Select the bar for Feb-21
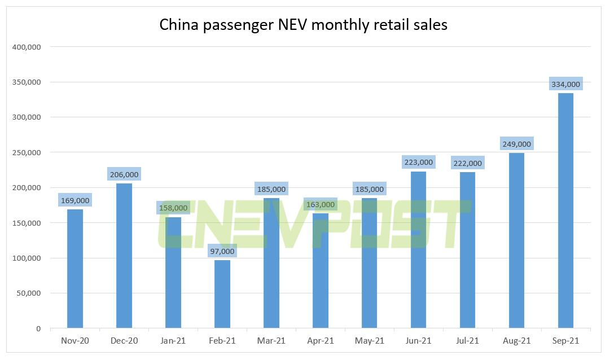(x=222, y=294)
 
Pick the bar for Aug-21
(x=516, y=240)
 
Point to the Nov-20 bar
(x=74, y=269)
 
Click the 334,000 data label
(x=565, y=85)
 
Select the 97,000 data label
(x=222, y=251)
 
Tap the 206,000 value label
(x=124, y=174)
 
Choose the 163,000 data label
(x=320, y=205)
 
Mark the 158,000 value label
(x=173, y=208)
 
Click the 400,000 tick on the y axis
(x=26, y=47)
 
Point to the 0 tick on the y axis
(x=38, y=328)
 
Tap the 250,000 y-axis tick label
(x=26, y=152)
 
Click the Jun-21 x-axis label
(x=418, y=341)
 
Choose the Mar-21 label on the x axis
(x=271, y=341)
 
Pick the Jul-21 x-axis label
(x=467, y=341)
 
